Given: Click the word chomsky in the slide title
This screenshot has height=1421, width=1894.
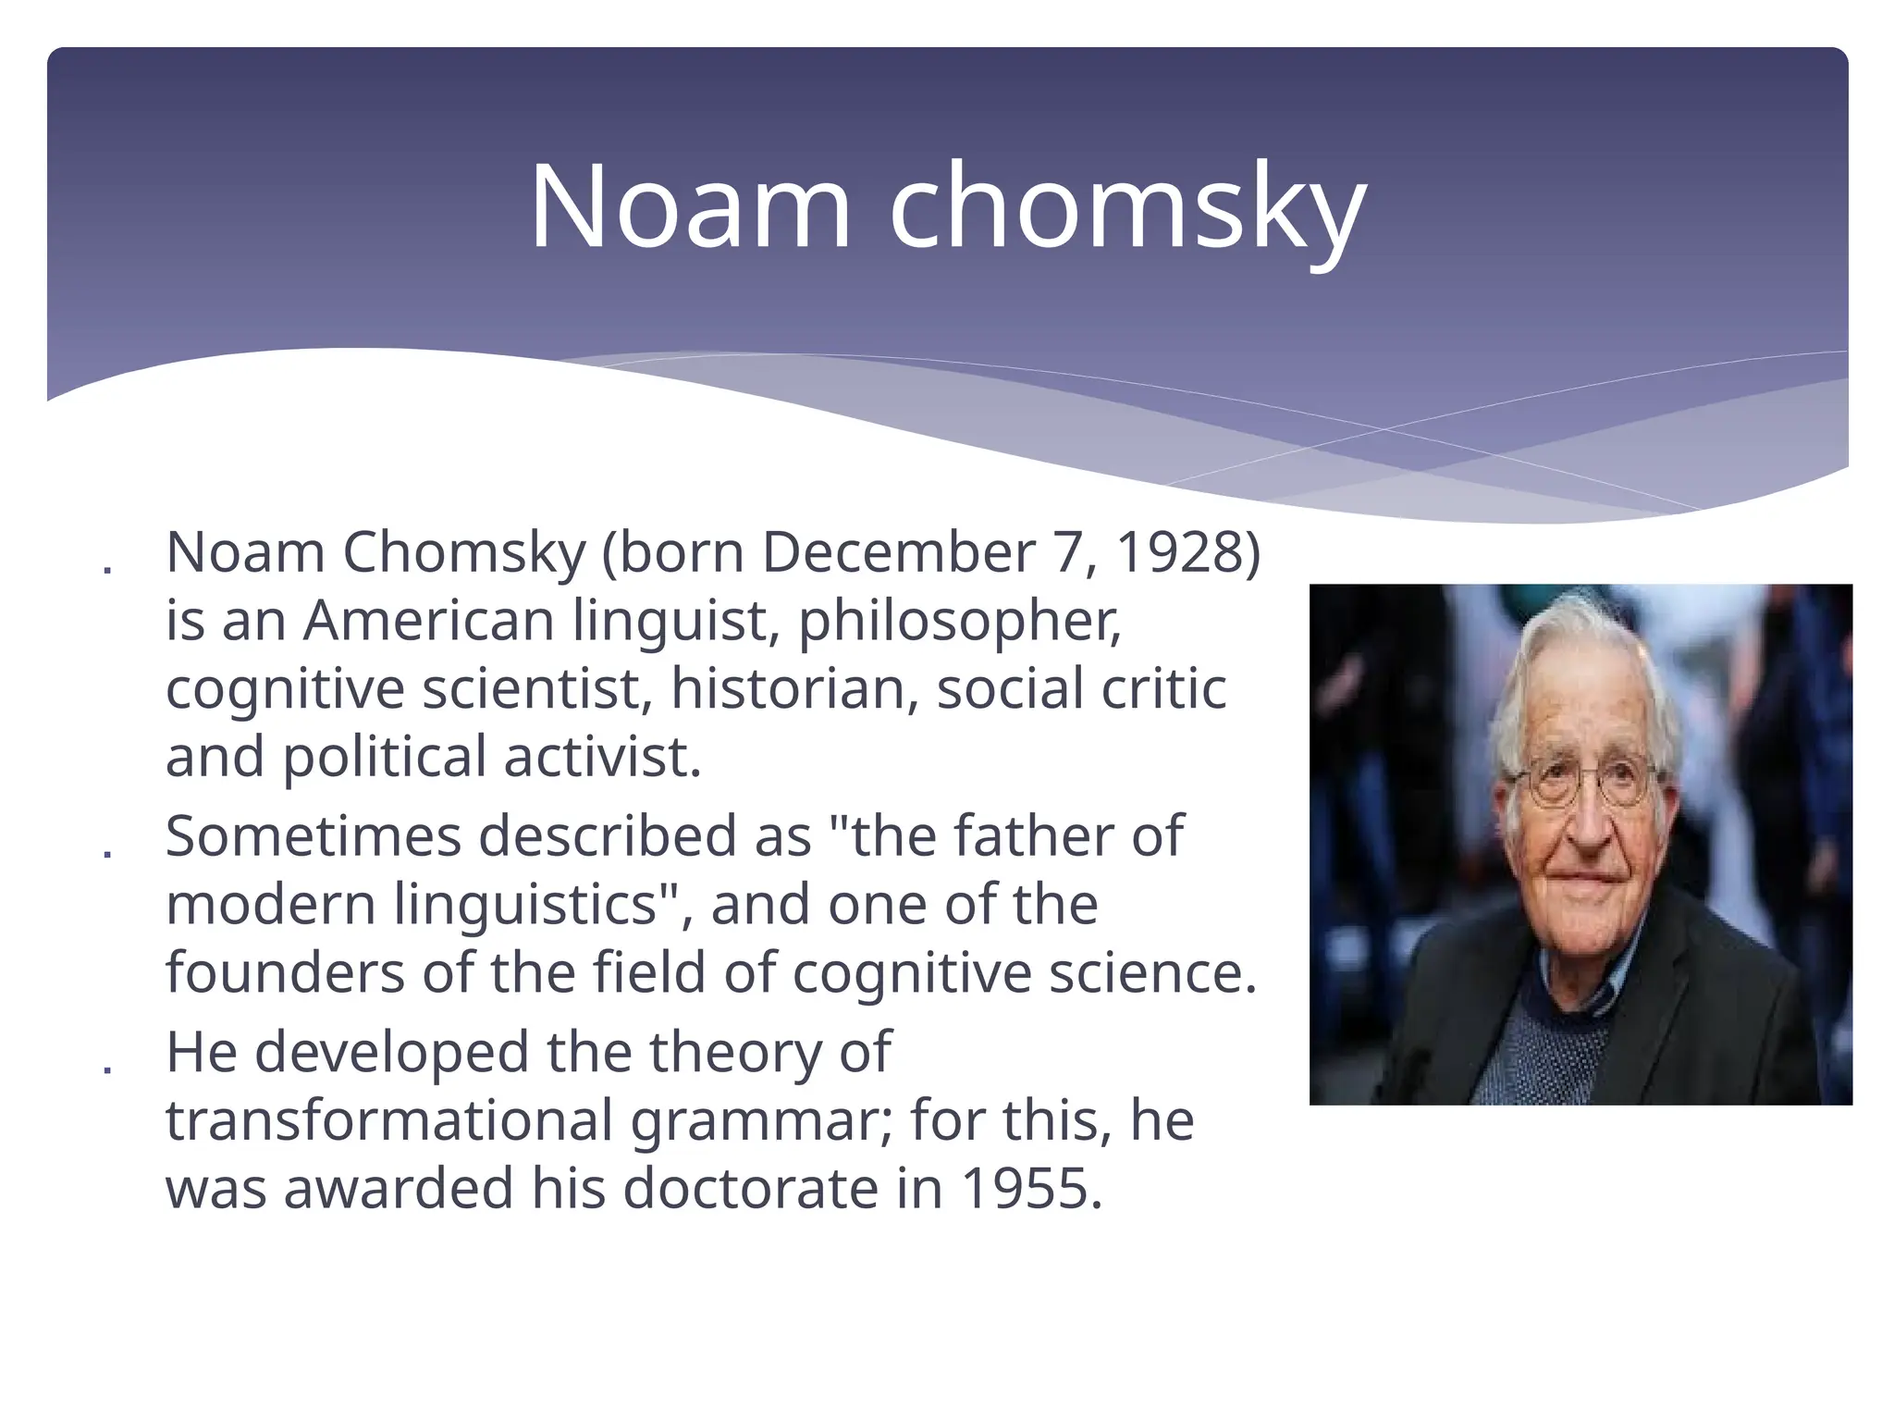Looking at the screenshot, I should click(1127, 207).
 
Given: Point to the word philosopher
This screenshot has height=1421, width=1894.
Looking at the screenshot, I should click(959, 622).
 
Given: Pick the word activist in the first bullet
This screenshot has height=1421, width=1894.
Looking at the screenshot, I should click(602, 757).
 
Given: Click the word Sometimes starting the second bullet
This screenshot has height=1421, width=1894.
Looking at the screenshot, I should click(313, 836).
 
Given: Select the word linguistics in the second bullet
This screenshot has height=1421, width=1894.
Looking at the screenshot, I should click(526, 904).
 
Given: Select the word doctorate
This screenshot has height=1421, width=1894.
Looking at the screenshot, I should click(750, 1188).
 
